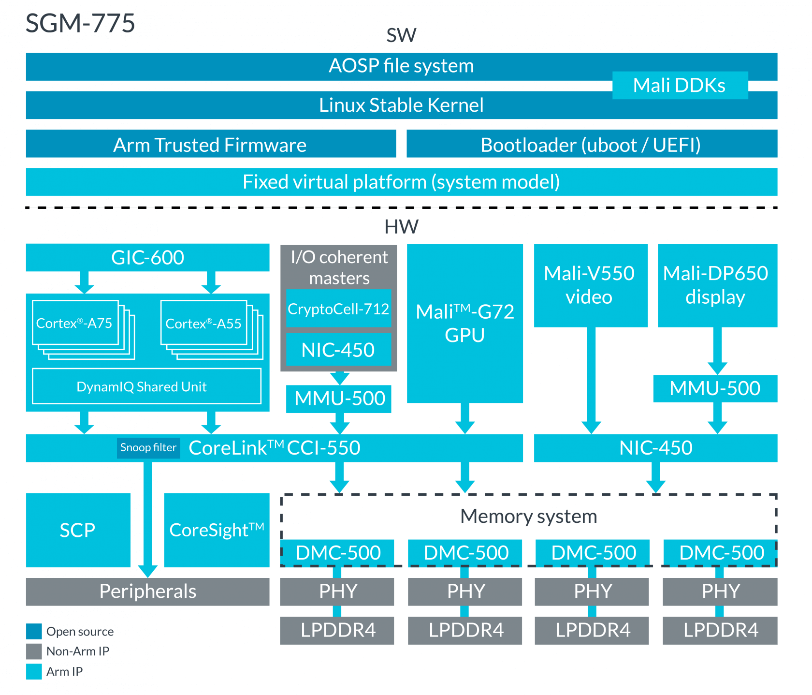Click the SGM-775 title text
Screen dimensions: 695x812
pos(80,24)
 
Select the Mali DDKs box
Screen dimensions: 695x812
pos(680,86)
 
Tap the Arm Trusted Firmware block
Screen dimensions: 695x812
pos(210,145)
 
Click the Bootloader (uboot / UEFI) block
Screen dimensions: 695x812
pos(591,145)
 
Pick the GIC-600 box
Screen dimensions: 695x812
pos(147,257)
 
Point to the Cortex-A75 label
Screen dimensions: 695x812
pos(74,323)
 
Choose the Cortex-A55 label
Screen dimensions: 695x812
pos(203,324)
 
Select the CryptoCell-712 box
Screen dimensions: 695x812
pos(338,309)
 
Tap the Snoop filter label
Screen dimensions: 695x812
pos(148,447)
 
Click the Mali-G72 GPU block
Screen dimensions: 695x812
pos(465,323)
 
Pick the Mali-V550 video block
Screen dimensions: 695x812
pos(590,285)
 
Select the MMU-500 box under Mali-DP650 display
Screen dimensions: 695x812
pos(715,388)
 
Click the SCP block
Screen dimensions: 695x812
pos(78,530)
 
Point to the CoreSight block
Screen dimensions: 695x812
pos(217,530)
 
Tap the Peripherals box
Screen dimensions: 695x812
pos(147,591)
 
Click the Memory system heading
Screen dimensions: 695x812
pos(529,517)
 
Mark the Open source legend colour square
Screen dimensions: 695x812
pos(34,632)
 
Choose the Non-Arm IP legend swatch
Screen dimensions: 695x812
pos(34,651)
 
